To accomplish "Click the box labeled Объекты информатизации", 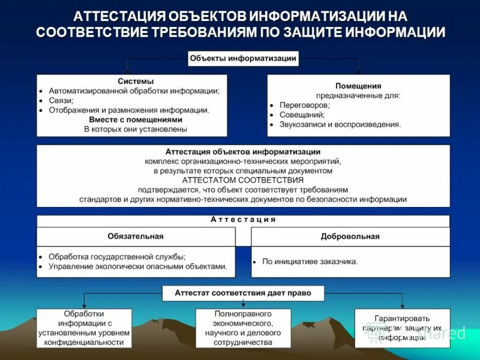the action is (x=243, y=58).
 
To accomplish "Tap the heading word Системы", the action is (x=136, y=81).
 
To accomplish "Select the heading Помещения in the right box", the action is (x=359, y=86).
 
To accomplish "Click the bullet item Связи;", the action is (x=61, y=100).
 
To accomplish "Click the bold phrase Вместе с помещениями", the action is (x=136, y=119).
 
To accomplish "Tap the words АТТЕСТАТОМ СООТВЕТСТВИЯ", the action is (x=243, y=179).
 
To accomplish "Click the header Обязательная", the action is (x=136, y=236).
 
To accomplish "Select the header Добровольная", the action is (x=350, y=236).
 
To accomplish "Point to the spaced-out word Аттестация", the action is (x=243, y=220).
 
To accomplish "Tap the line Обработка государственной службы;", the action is (x=117, y=256).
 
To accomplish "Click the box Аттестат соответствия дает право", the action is (x=243, y=293).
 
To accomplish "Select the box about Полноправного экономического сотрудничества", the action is (x=243, y=328).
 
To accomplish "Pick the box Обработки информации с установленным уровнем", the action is (x=84, y=328).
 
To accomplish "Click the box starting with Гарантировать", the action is (x=401, y=328).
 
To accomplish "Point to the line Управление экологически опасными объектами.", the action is (x=138, y=266).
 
